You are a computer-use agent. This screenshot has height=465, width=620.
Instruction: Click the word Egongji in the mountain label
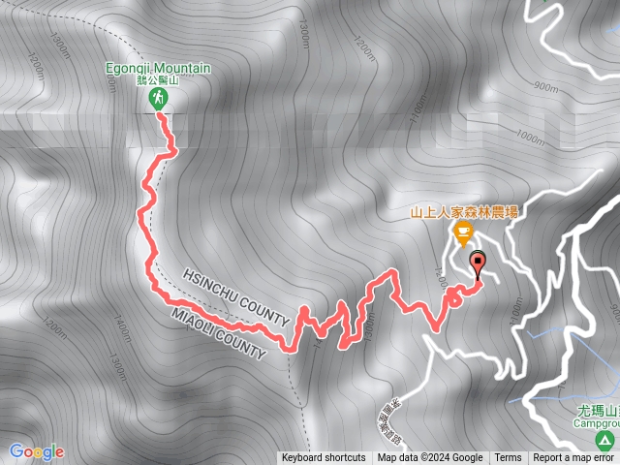(129, 67)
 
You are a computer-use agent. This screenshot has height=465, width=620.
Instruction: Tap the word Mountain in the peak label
(181, 67)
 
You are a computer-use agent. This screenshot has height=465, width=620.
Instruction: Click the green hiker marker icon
(158, 98)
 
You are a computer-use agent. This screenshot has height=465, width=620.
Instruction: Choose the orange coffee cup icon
(463, 232)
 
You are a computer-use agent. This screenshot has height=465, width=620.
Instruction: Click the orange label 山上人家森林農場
(463, 209)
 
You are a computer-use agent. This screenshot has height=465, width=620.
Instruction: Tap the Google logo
(36, 451)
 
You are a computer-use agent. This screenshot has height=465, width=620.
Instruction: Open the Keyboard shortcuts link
(324, 458)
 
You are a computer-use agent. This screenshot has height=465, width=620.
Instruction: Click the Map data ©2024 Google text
(430, 458)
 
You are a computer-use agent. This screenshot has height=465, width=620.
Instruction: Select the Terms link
(508, 458)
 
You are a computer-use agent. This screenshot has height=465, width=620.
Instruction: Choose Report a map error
(573, 458)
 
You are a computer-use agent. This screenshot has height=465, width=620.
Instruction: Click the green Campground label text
(593, 423)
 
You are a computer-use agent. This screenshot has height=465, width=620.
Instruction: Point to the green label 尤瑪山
(593, 411)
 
